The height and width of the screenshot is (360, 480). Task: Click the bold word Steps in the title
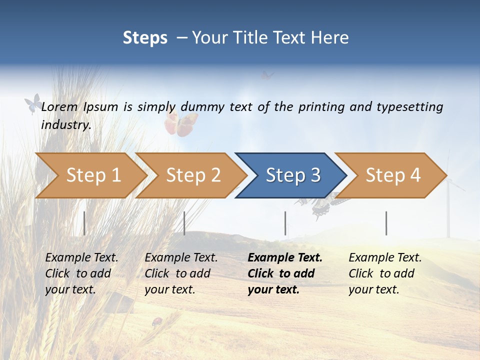click(145, 38)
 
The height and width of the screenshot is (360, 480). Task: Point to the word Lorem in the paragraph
click(59, 107)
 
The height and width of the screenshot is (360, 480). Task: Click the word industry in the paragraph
click(65, 124)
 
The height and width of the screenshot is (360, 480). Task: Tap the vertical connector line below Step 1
click(84, 223)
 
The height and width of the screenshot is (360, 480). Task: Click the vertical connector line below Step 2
click(184, 223)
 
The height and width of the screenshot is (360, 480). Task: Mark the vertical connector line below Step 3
click(285, 223)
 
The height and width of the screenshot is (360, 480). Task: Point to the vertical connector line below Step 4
click(386, 223)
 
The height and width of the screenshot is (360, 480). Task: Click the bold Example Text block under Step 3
click(285, 273)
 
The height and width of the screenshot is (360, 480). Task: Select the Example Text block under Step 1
click(81, 273)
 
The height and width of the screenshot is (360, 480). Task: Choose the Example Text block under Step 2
click(181, 273)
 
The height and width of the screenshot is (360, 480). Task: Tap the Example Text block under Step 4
click(385, 273)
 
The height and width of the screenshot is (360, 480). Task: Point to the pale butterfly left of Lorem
click(33, 103)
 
